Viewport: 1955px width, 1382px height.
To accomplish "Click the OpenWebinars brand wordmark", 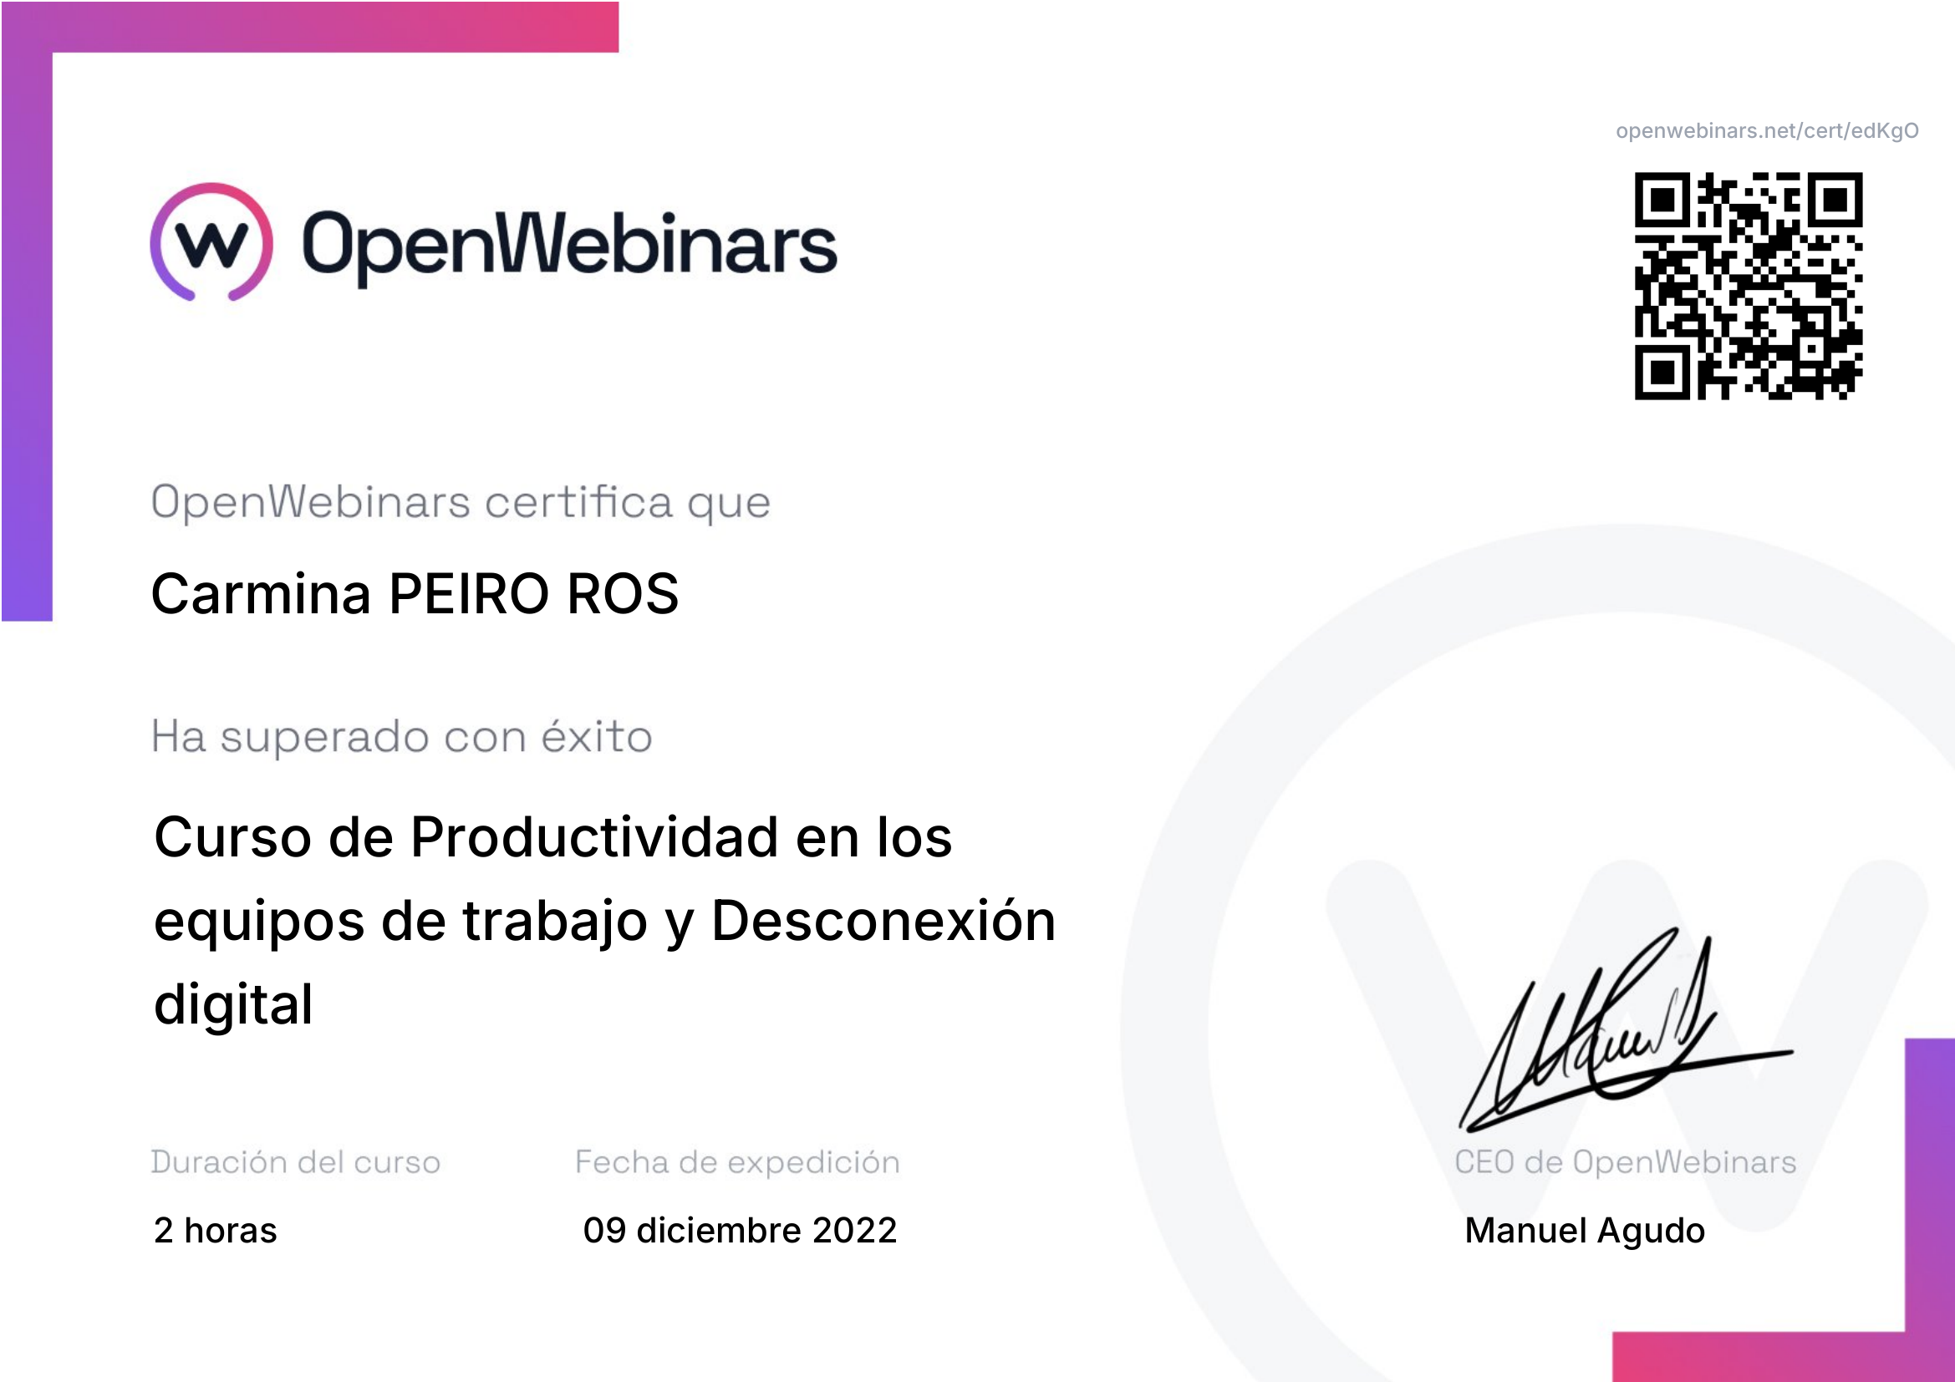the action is coord(570,245).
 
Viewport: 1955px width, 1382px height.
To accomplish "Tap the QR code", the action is coord(1748,286).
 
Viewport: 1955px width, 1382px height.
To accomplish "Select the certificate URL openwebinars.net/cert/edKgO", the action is coord(1767,131).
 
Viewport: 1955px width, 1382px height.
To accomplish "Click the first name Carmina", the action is coord(262,593).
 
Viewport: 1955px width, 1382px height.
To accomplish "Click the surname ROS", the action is coord(623,593).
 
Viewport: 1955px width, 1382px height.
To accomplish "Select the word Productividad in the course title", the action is coord(594,836).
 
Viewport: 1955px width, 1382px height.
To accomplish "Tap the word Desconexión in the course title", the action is coord(883,920).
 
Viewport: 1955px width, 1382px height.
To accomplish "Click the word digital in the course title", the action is coord(233,1004).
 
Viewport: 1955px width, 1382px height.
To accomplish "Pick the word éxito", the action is coord(597,735).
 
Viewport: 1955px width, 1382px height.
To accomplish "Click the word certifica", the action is coord(579,501).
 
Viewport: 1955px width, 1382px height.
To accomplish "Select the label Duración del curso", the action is coord(295,1161).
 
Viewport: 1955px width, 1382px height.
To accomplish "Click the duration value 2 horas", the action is coord(216,1231).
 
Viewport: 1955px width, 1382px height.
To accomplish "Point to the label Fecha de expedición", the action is coord(737,1162).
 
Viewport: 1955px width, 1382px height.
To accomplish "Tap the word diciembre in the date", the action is coord(720,1231).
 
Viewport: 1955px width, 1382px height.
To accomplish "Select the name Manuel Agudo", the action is coord(1585,1232).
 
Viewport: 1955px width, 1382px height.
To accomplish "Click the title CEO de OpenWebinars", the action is coord(1626,1161).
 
